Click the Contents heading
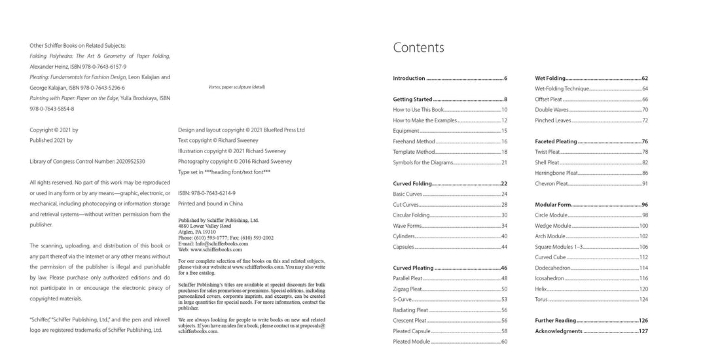(418, 48)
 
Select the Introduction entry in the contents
(409, 79)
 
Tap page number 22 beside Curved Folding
(504, 184)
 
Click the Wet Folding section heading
(550, 79)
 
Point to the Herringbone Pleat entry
(556, 173)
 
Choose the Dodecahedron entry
(554, 268)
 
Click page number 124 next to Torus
(643, 299)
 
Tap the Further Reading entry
(555, 321)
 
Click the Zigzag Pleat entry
(407, 289)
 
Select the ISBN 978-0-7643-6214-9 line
(207, 193)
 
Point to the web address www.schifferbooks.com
(216, 249)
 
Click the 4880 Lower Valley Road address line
(206, 226)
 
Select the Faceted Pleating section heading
(556, 141)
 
